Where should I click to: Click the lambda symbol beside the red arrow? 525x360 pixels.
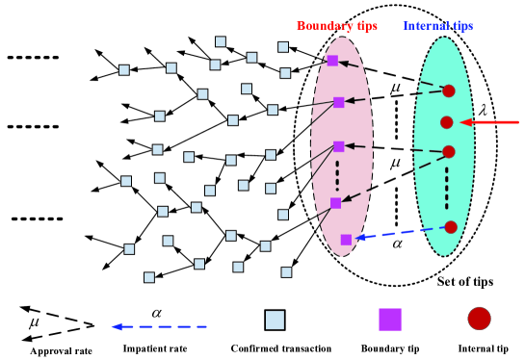coord(484,109)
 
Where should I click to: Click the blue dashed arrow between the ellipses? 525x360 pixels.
coord(399,232)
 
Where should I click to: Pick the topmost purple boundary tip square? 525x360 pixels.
coord(332,61)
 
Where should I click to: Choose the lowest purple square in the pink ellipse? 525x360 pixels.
coord(346,239)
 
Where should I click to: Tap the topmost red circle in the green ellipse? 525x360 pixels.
coord(448,91)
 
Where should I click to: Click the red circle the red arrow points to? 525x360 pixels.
coord(446,122)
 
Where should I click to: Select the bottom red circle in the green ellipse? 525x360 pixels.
coord(450,227)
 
